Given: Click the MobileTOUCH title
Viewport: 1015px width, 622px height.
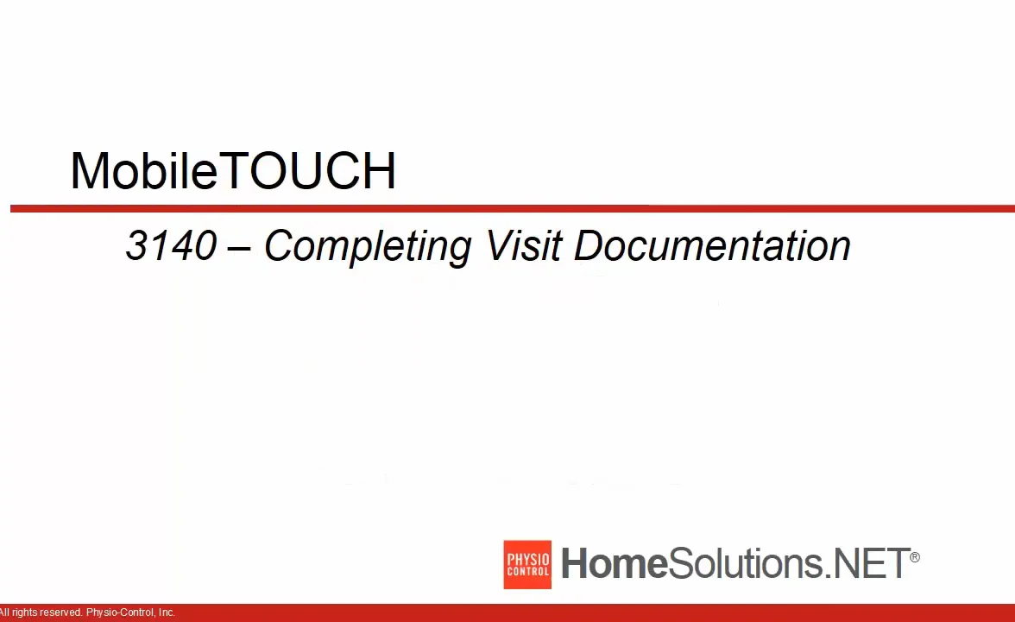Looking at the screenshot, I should point(233,171).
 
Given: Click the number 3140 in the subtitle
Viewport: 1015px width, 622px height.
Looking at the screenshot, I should point(171,246).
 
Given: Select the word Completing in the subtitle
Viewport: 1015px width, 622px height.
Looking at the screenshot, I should point(367,247).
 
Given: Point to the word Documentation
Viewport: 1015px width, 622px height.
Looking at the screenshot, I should point(712,246).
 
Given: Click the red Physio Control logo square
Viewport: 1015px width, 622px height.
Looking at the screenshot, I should point(527,565).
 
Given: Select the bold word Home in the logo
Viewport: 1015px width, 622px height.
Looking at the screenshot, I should point(615,564).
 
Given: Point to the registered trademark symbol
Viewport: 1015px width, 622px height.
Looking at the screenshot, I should point(915,557).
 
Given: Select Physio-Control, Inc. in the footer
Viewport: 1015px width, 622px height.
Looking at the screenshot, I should point(130,612).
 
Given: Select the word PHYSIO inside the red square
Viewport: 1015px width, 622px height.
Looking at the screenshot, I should point(527,559).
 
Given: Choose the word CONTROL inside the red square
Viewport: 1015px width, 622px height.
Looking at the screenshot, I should point(527,572).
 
